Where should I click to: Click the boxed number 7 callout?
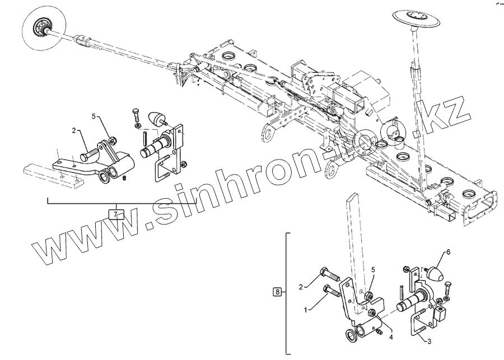(116, 214)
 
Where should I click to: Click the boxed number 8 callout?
(277, 292)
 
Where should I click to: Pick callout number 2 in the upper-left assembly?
(73, 130)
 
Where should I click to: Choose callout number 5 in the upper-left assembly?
(94, 116)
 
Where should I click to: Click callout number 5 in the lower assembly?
(372, 270)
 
